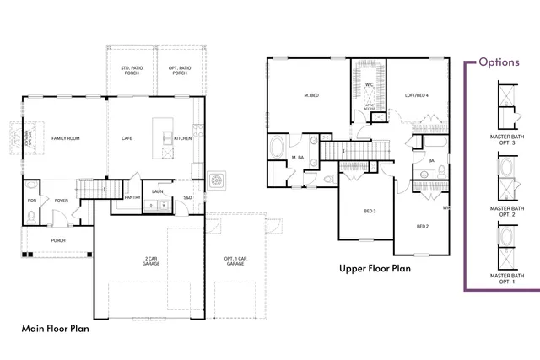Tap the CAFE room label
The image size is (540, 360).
coord(127,138)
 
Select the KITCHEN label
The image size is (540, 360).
coord(183,138)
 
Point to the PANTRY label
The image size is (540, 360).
coord(132,197)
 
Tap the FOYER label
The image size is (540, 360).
coord(62,201)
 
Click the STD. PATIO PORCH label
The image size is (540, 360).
coord(131,70)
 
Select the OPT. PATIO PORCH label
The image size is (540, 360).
coord(180,70)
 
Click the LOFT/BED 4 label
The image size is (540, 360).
coord(417,95)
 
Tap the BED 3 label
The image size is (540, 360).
coord(370,211)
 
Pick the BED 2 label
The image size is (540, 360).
coord(423,226)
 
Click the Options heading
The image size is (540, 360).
coord(505,62)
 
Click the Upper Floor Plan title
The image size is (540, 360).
coord(375,269)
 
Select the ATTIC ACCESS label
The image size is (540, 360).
coord(368,107)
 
